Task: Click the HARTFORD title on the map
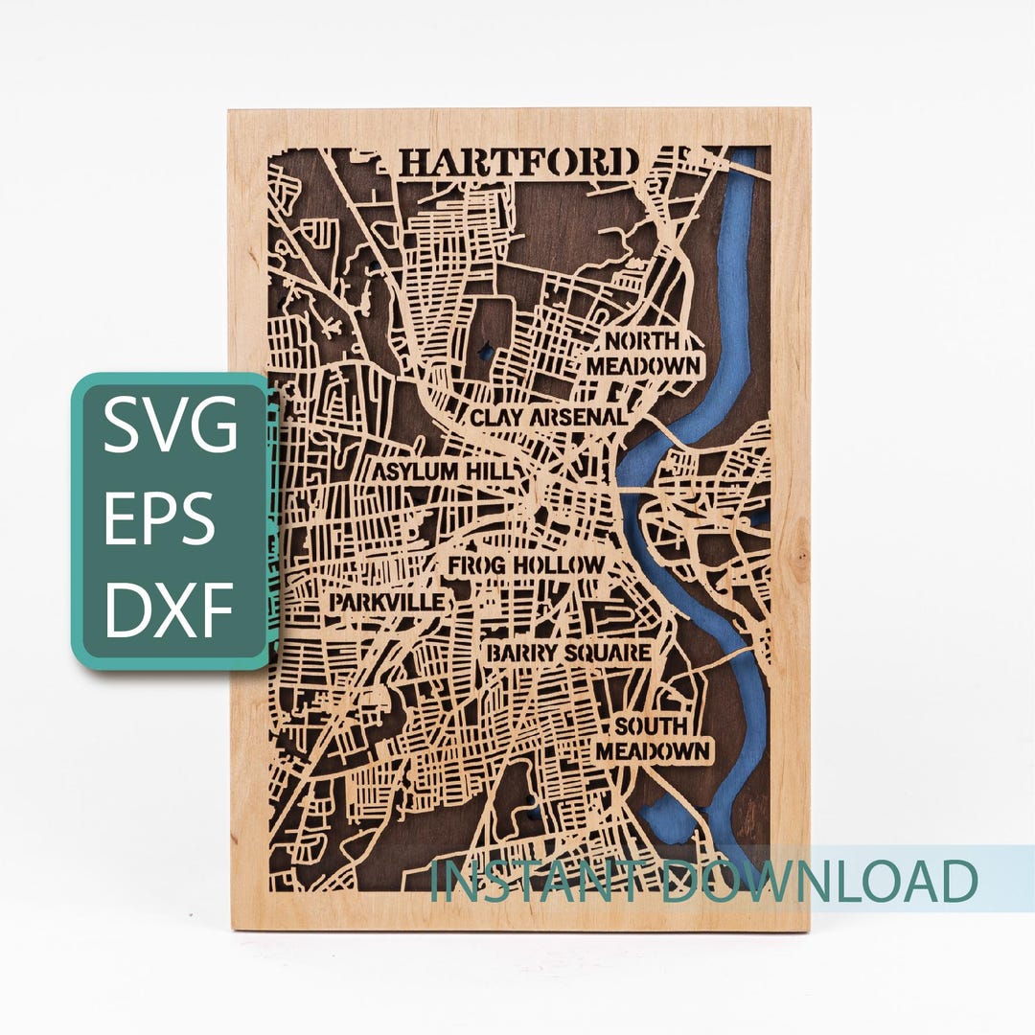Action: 518,162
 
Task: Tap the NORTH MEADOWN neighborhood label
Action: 643,354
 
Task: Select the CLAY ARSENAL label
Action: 548,418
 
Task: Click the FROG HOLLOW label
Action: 526,565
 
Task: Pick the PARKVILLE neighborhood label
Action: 388,602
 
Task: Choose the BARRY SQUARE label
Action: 568,654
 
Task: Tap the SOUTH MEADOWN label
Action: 653,738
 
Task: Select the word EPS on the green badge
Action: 159,519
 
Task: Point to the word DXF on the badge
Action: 170,609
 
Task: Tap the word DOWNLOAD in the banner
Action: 819,881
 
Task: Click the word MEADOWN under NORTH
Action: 643,366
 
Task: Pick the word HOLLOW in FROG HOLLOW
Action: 560,565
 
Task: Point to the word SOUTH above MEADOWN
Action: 652,725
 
